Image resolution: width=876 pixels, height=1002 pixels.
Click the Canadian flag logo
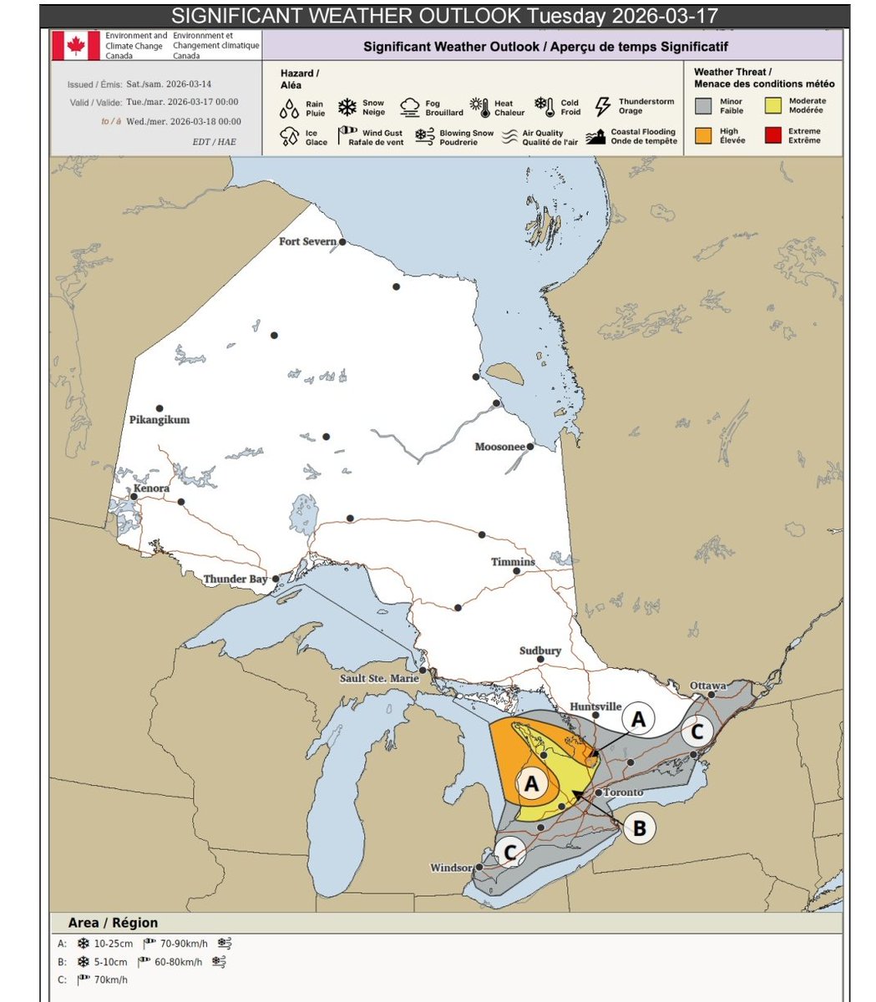(76, 46)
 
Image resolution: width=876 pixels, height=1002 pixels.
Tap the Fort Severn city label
(308, 241)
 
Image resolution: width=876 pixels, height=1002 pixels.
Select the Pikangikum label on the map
(160, 419)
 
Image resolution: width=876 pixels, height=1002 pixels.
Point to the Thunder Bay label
(235, 579)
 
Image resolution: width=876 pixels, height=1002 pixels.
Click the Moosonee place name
(499, 447)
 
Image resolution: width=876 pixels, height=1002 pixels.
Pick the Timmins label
(512, 562)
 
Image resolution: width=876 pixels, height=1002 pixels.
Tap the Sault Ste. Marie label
(379, 678)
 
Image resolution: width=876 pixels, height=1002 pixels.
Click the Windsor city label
(451, 868)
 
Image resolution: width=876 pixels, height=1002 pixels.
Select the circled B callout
(640, 828)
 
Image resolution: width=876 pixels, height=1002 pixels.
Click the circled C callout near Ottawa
(698, 731)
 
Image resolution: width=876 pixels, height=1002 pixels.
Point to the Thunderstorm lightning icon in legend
(603, 106)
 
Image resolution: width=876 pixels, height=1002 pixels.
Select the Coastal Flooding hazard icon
(595, 137)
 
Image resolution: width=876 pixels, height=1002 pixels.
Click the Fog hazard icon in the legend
(409, 107)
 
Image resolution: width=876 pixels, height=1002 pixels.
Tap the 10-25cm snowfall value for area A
(113, 944)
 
